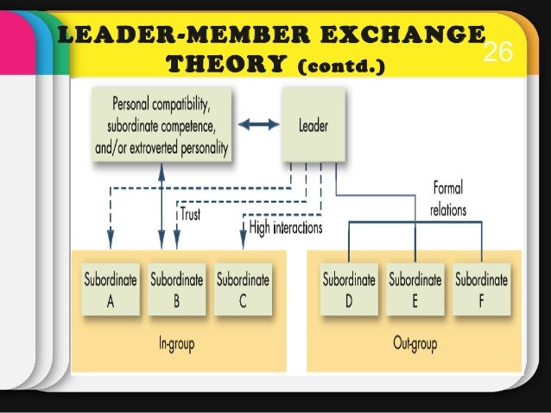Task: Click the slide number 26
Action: tap(497, 53)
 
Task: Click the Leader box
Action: tap(313, 126)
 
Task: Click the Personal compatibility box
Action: tap(161, 126)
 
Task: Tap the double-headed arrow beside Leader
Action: tap(258, 125)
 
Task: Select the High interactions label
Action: tap(285, 228)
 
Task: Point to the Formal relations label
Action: tap(447, 199)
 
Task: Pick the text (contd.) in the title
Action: tap(339, 65)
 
